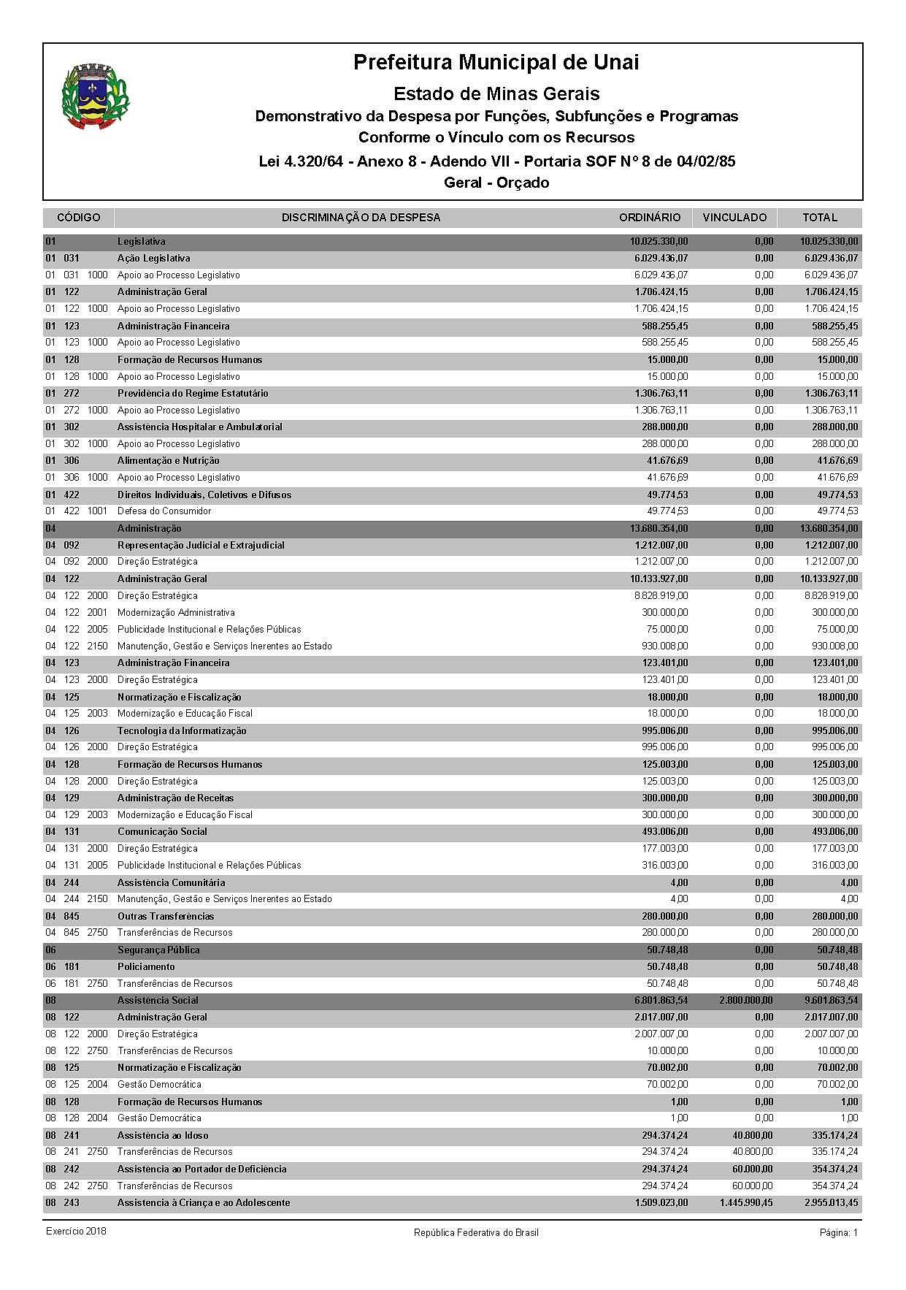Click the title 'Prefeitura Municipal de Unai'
496,63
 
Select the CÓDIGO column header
79,218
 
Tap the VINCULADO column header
734,218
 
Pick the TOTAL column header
820,218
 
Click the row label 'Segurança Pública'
158,950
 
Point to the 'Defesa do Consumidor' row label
164,511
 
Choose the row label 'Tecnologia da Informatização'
182,731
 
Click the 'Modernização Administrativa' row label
176,613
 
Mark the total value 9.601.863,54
829,1001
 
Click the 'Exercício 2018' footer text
76,1232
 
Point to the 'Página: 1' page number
839,1232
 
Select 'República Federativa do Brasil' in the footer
476,1232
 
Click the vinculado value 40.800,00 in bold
752,1136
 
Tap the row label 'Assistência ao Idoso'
163,1136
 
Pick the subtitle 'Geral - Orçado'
496,183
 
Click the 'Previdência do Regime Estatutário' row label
193,394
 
